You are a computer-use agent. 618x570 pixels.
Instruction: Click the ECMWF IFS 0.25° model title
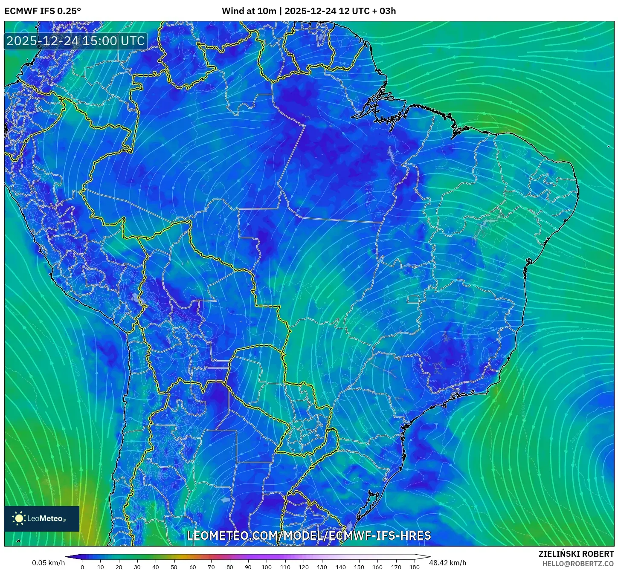pyautogui.click(x=43, y=11)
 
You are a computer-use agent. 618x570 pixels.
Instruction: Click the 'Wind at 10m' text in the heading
pyautogui.click(x=249, y=11)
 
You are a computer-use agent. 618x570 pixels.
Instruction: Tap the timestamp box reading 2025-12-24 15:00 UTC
pyautogui.click(x=75, y=41)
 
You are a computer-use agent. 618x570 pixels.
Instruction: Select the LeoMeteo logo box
pyautogui.click(x=42, y=518)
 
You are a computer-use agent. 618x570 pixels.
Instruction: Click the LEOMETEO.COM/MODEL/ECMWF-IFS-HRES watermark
pyautogui.click(x=309, y=535)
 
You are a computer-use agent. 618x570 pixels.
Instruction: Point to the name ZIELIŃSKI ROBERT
pyautogui.click(x=576, y=554)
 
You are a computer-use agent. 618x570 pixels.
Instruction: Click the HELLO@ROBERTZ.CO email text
pyautogui.click(x=578, y=564)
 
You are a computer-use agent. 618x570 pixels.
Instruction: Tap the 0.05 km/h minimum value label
pyautogui.click(x=48, y=563)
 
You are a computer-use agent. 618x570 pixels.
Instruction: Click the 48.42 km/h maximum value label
pyautogui.click(x=447, y=563)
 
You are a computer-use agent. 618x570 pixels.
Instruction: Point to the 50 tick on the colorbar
pyautogui.click(x=174, y=567)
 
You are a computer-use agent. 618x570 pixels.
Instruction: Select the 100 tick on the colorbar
pyautogui.click(x=267, y=567)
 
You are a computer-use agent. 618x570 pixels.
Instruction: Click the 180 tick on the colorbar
pyautogui.click(x=414, y=567)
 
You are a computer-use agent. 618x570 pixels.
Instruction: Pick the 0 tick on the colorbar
pyautogui.click(x=82, y=567)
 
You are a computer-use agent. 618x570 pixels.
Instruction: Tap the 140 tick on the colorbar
pyautogui.click(x=340, y=567)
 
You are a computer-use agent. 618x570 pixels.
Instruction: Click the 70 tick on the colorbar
pyautogui.click(x=211, y=567)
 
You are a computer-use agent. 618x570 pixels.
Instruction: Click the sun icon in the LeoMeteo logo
pyautogui.click(x=19, y=518)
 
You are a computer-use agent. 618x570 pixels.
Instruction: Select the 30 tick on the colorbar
pyautogui.click(x=137, y=567)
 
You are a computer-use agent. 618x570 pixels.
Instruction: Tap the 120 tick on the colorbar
pyautogui.click(x=304, y=567)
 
